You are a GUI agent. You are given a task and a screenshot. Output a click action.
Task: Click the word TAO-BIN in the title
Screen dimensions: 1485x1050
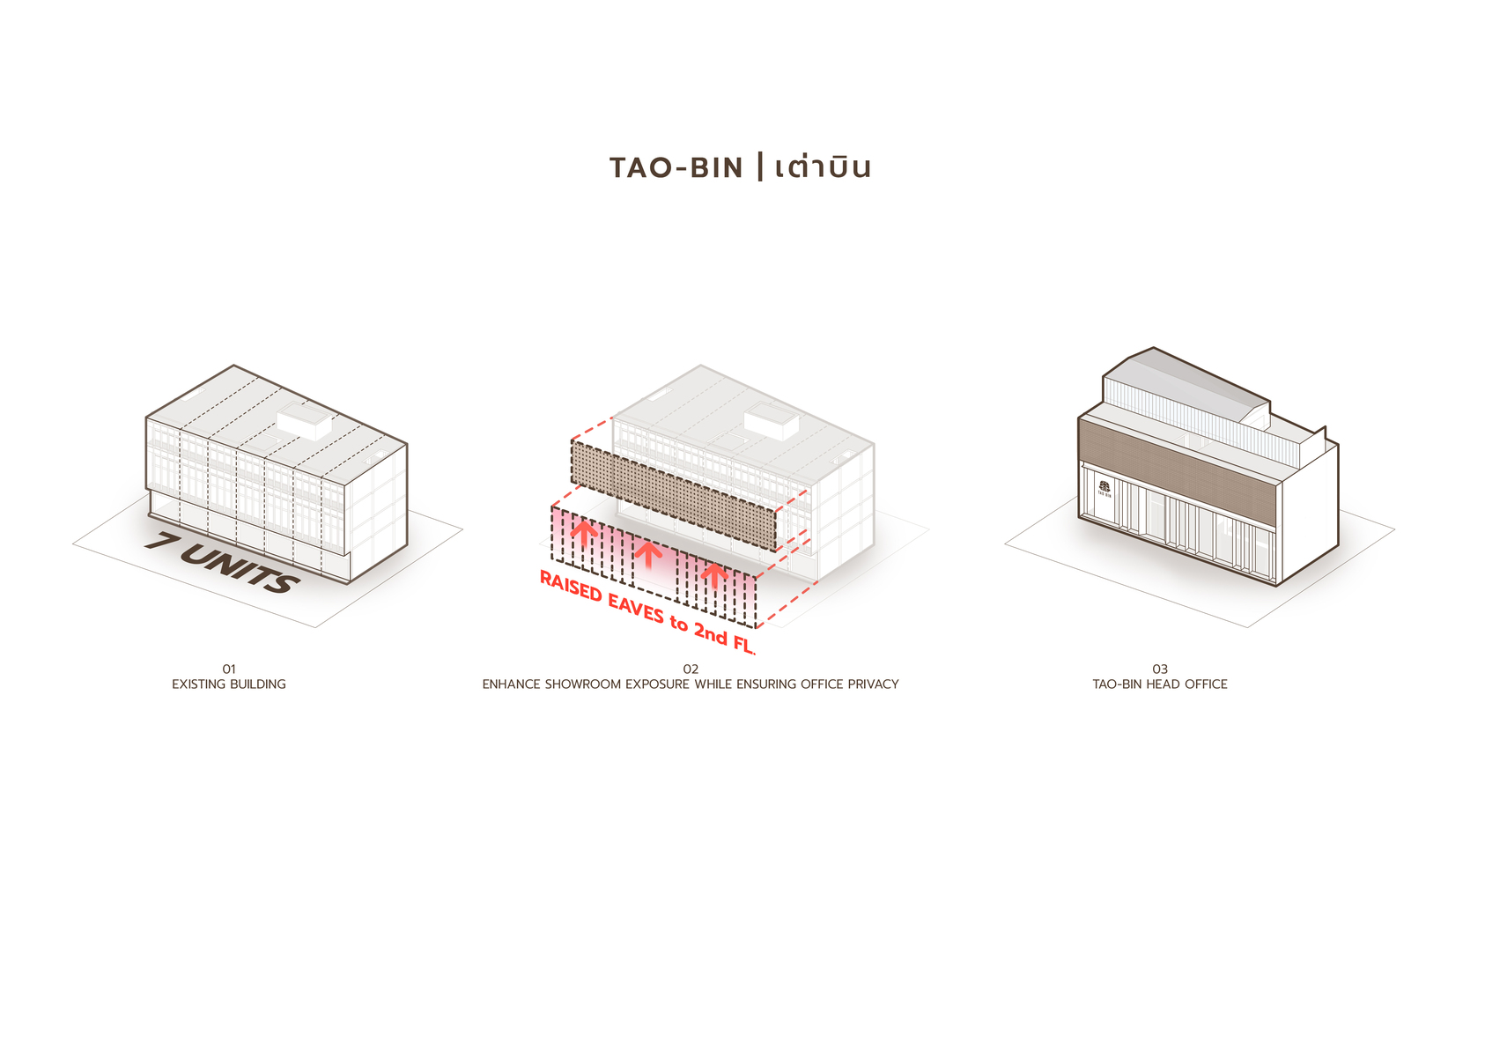[676, 167]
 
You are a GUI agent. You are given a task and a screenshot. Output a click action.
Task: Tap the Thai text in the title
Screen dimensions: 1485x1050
[823, 167]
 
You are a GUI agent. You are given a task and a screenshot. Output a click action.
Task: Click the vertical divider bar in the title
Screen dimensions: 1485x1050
[760, 166]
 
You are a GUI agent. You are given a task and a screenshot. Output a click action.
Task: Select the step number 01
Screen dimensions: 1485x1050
[229, 669]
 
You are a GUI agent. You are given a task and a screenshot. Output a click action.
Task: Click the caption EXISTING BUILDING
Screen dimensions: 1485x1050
[229, 684]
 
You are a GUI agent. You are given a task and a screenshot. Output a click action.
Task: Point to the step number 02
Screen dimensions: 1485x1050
[691, 669]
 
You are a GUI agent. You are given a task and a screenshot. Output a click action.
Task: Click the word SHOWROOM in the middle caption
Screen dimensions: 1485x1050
[582, 684]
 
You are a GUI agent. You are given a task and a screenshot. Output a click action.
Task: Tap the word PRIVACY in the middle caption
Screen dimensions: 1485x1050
[873, 684]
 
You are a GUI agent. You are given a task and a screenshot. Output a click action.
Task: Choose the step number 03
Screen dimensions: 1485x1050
[1160, 669]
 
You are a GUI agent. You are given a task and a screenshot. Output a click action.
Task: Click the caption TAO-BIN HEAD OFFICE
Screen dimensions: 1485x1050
[1160, 684]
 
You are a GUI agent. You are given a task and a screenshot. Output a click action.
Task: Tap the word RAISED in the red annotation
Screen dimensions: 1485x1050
[571, 587]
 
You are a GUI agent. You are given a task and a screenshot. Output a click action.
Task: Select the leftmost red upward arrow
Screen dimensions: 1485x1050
[584, 532]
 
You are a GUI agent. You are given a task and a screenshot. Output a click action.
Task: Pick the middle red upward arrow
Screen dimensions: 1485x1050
[648, 553]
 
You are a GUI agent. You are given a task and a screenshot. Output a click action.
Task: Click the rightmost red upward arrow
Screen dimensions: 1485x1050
[714, 574]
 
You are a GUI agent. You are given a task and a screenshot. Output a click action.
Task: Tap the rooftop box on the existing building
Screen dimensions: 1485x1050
[305, 423]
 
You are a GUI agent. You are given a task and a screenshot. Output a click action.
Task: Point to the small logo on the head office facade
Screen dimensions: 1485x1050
[1105, 487]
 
